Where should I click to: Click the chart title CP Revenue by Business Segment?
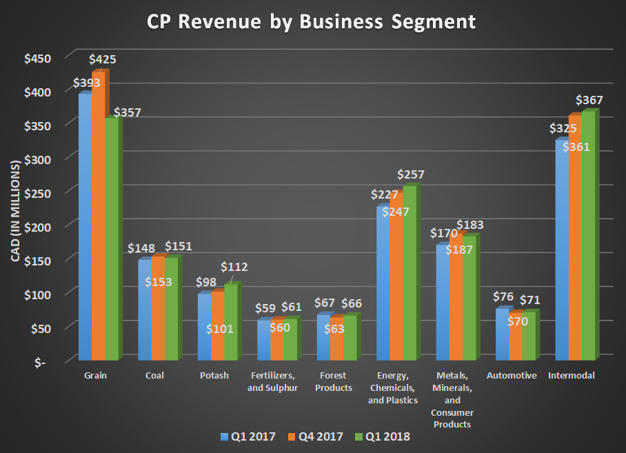tap(312, 22)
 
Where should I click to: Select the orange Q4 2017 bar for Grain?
tap(99, 221)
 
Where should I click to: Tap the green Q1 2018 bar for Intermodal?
tap(588, 238)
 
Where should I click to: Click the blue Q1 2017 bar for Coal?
tap(145, 310)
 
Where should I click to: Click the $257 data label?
tap(410, 174)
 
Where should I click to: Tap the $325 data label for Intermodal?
tap(562, 128)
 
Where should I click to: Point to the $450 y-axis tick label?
tap(37, 59)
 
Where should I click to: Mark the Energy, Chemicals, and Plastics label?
tap(394, 388)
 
